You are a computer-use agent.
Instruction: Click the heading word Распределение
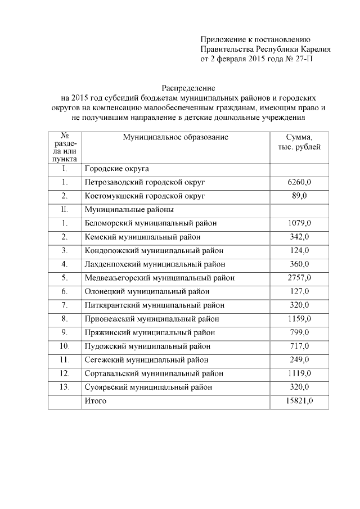[188, 88]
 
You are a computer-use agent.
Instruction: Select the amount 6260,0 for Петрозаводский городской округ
[299, 182]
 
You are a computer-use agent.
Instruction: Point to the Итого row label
[96, 401]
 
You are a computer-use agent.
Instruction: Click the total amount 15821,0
[299, 401]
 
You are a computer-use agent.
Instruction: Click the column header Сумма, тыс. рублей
[299, 142]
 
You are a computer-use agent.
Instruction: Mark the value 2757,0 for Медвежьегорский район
[299, 278]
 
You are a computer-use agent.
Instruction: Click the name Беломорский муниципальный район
[150, 223]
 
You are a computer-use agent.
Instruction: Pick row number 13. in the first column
[65, 388]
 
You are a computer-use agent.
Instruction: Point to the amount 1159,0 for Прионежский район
[299, 319]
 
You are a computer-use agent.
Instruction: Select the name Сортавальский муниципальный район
[154, 373]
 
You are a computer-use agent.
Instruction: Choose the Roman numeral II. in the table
[65, 209]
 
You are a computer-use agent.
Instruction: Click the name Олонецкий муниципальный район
[147, 291]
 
